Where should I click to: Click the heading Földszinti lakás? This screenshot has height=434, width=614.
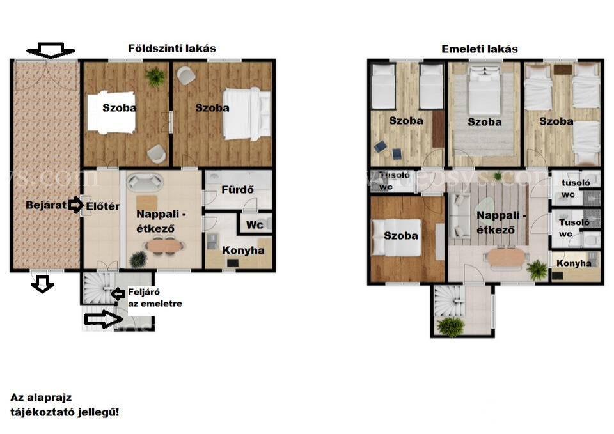point(172,49)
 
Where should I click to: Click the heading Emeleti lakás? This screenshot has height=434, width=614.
point(479,49)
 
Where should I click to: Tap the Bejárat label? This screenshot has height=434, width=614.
point(46,205)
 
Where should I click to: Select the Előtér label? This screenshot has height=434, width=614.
point(102,206)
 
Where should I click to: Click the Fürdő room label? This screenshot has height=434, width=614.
point(237,190)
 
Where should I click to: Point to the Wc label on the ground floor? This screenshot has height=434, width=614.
point(254,225)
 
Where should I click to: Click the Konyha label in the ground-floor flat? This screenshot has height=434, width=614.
point(243,251)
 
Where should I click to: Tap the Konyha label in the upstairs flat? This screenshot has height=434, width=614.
point(574,263)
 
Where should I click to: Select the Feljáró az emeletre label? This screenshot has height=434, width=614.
point(155,298)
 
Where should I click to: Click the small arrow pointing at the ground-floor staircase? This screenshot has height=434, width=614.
point(118,293)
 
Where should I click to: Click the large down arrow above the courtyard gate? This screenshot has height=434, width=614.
point(51,50)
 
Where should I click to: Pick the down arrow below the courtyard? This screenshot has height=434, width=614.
point(42,284)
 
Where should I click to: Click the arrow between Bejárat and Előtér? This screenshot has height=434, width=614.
point(75,205)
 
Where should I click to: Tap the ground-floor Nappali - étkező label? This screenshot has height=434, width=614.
point(161,222)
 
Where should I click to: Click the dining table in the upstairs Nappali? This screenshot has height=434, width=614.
point(506,258)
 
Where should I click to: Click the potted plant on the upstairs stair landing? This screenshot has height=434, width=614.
point(452,327)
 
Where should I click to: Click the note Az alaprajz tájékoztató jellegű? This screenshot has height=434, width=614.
point(65,405)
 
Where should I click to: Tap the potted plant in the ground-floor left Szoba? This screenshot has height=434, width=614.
point(156,77)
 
